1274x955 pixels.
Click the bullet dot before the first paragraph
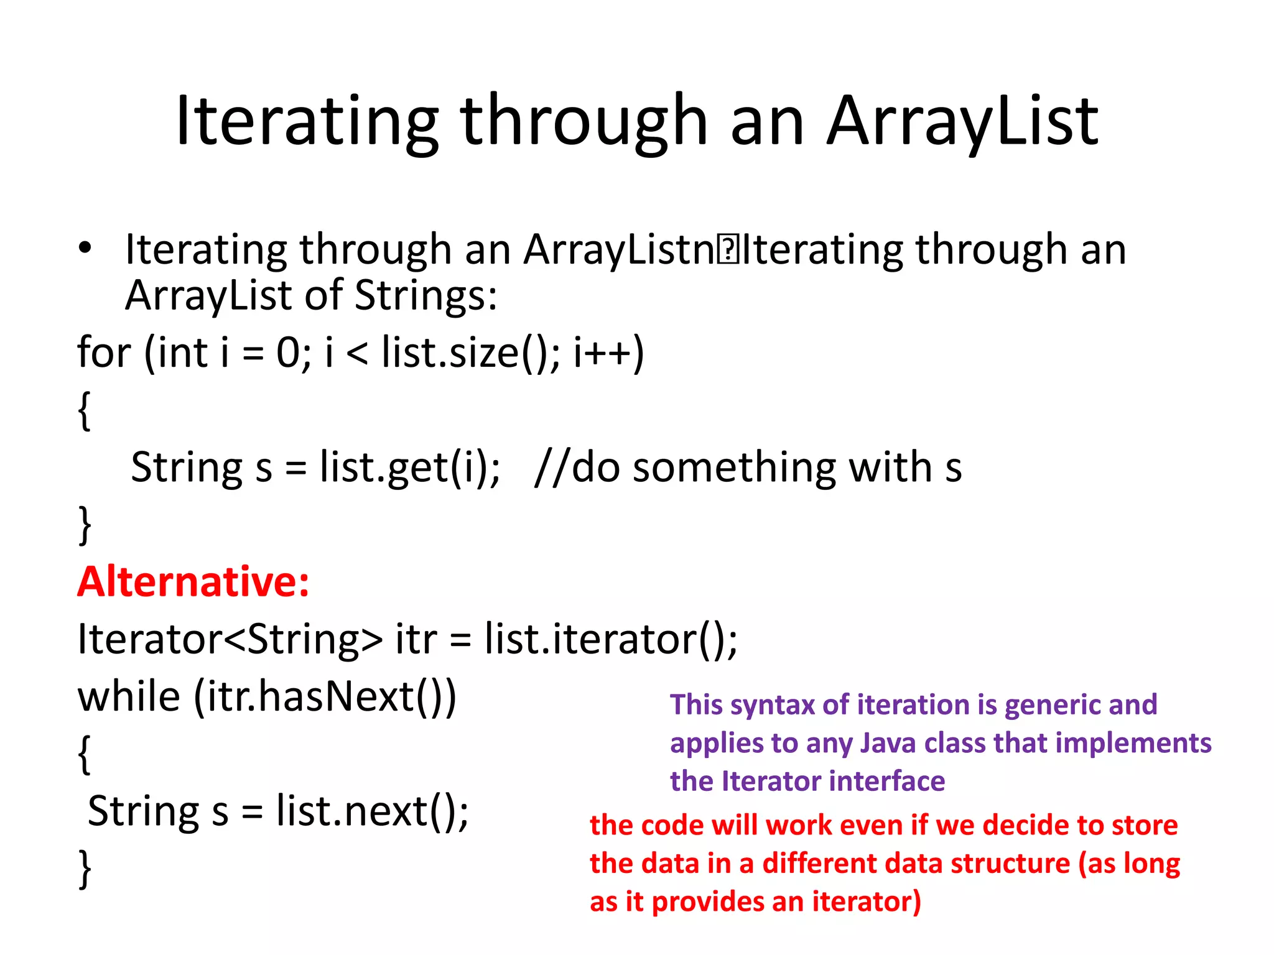(x=85, y=249)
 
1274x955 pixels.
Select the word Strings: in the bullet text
(x=425, y=295)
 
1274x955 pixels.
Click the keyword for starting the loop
(x=104, y=353)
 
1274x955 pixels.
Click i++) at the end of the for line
(x=608, y=353)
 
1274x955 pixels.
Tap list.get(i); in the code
(x=409, y=468)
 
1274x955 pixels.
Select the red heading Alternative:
(x=193, y=583)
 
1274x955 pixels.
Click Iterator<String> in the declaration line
(x=230, y=640)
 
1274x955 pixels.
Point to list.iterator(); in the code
(x=611, y=640)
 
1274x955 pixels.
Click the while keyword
(x=129, y=697)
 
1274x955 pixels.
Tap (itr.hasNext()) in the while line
(x=325, y=697)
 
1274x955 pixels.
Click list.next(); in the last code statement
(x=372, y=811)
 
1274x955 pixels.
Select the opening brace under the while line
(x=85, y=754)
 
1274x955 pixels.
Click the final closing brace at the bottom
(x=85, y=869)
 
